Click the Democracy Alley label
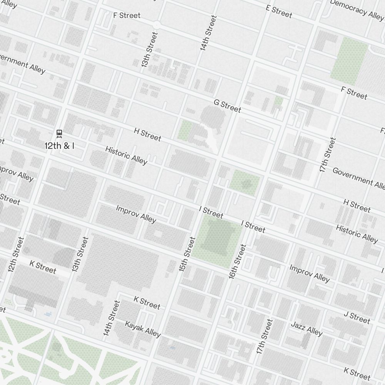(x=357, y=8)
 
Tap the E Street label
(x=279, y=11)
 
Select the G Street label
(x=227, y=106)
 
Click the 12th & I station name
(x=59, y=146)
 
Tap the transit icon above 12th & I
(x=59, y=134)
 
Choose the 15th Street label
(x=187, y=254)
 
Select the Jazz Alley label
(x=306, y=328)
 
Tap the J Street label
(x=357, y=318)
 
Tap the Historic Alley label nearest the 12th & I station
(x=126, y=155)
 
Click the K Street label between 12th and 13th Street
(x=43, y=267)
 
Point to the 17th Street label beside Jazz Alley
(x=264, y=336)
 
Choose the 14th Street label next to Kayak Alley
(x=111, y=318)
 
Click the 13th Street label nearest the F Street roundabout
(x=149, y=50)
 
